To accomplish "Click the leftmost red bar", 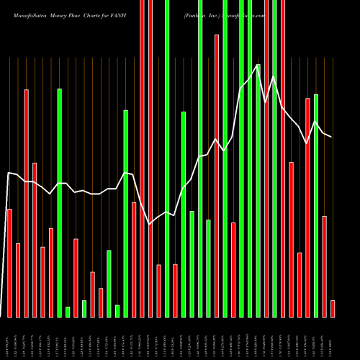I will [x=9, y=263].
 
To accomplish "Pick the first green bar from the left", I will [x=60, y=202].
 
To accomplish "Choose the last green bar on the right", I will [x=315, y=205].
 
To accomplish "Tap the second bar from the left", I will [x=18, y=280].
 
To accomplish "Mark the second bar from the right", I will [x=324, y=266].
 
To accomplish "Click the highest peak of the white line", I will [x=258, y=66].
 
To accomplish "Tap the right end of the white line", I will [x=331, y=136].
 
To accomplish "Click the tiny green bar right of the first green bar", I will [x=68, y=312].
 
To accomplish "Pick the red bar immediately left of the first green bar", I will [x=51, y=272].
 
